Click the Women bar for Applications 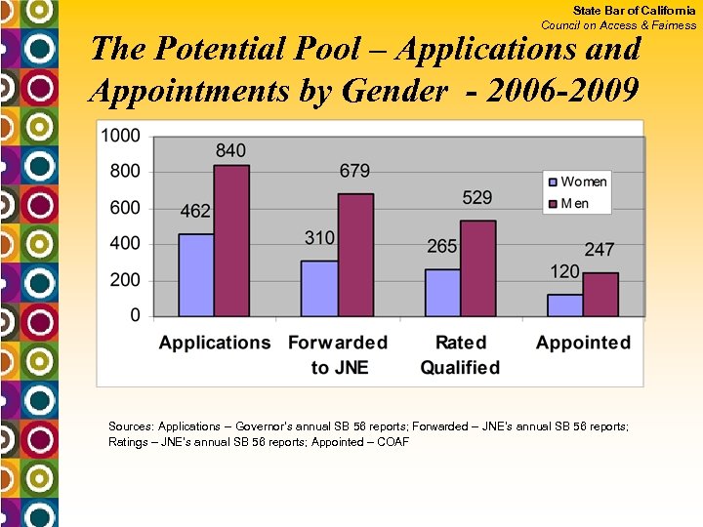tap(196, 275)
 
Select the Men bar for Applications tap(232, 241)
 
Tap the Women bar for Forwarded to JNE tap(319, 289)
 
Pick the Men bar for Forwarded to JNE tap(355, 255)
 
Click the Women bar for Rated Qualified tap(442, 293)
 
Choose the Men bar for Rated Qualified tap(478, 268)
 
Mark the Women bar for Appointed tap(565, 305)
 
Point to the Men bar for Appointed tap(601, 294)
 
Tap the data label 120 tap(564, 271)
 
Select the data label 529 tap(477, 198)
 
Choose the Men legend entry tap(574, 203)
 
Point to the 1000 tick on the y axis tap(120, 135)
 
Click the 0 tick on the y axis tap(135, 315)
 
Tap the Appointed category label tap(583, 343)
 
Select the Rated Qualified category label tap(460, 355)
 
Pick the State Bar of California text tap(634, 10)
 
